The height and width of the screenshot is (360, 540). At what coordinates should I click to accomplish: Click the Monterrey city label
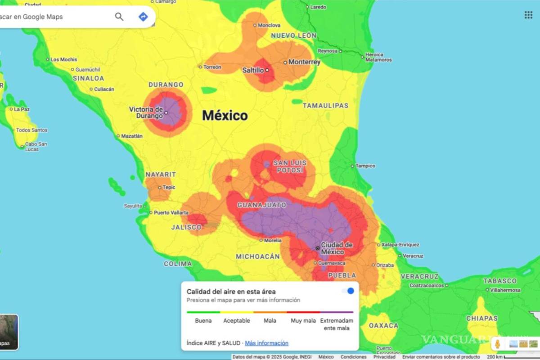click(x=304, y=62)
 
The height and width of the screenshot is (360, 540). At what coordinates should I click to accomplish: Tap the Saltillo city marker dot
click(x=267, y=70)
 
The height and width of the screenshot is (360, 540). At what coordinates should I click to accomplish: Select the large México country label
click(x=225, y=116)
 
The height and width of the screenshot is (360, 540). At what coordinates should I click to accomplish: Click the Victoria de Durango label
click(x=146, y=112)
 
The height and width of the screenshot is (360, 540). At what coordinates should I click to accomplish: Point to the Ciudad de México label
click(x=337, y=248)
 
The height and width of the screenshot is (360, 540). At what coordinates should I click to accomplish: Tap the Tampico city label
click(x=365, y=166)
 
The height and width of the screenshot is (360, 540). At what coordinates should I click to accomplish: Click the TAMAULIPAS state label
click(x=325, y=105)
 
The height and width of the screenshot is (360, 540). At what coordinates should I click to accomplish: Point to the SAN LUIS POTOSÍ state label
click(x=290, y=166)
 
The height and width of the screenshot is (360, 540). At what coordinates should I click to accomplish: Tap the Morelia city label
click(x=273, y=240)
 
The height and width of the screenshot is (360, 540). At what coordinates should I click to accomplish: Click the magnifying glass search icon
click(x=119, y=17)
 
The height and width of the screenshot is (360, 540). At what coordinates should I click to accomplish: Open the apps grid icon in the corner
click(x=528, y=15)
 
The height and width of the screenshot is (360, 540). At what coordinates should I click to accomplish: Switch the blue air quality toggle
click(x=348, y=291)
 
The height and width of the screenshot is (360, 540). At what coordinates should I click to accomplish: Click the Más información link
click(x=266, y=343)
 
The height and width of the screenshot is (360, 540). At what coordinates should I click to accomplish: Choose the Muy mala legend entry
click(x=303, y=320)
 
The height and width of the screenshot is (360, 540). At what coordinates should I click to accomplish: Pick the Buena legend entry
click(x=203, y=320)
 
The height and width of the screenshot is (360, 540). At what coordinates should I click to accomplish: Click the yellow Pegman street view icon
click(x=498, y=344)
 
